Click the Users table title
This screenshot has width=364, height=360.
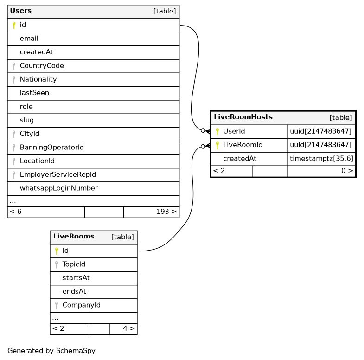(20, 11)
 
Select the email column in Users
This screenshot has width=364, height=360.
(29, 39)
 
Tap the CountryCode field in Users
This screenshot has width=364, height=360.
(42, 66)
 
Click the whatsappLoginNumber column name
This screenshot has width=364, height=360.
(58, 188)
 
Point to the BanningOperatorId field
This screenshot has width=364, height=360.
(51, 148)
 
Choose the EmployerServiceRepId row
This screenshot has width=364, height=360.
(57, 174)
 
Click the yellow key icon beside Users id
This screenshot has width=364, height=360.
(14, 25)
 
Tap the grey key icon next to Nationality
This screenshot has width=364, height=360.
(14, 79)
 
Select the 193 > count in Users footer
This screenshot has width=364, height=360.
(166, 212)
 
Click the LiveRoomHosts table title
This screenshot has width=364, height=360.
(243, 117)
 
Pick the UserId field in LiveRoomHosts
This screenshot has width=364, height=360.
(234, 131)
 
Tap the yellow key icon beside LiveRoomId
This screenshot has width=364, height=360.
(217, 145)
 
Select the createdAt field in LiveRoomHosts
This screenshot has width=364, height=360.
(239, 159)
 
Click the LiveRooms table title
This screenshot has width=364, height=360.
(74, 237)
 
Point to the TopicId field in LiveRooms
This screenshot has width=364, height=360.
(74, 264)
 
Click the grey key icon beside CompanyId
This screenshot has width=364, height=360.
(57, 305)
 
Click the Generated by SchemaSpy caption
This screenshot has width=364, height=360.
(51, 351)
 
